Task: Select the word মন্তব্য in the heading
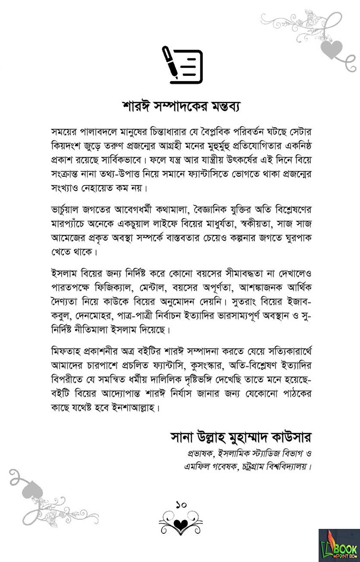coord(223,106)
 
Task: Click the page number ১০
coord(181,504)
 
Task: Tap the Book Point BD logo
coord(339,545)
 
